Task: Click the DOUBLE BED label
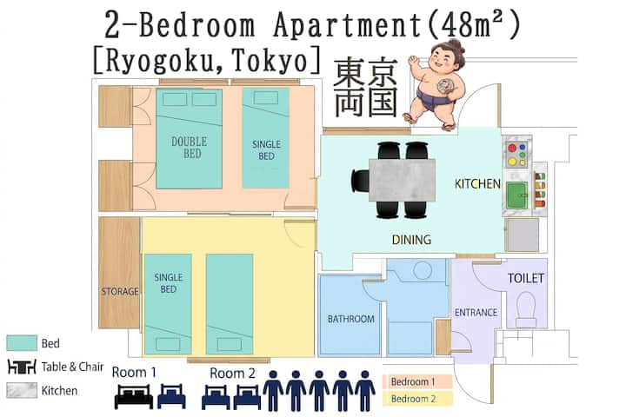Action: [x=190, y=147]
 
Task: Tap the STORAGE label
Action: [x=120, y=292]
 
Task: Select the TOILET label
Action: [x=526, y=278]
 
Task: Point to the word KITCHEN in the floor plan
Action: [x=477, y=183]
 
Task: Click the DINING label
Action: [x=411, y=240]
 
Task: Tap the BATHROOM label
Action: [x=351, y=319]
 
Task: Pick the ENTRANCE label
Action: [x=476, y=313]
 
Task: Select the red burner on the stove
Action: [x=512, y=149]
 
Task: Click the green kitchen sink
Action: [x=517, y=195]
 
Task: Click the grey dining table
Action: [x=402, y=180]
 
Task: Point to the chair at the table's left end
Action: [x=360, y=181]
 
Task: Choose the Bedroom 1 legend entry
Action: [x=417, y=381]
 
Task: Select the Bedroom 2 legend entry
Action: [x=417, y=399]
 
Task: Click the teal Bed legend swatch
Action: [x=22, y=343]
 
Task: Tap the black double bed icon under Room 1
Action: [x=134, y=396]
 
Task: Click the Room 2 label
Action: [x=232, y=374]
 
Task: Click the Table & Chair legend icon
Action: [x=22, y=367]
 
